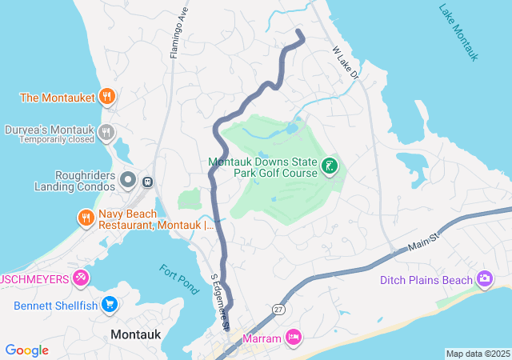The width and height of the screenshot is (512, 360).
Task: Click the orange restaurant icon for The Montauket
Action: [108, 98]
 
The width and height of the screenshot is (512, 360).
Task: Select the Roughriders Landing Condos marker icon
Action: [128, 181]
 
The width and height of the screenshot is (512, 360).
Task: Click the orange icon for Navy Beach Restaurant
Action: [86, 217]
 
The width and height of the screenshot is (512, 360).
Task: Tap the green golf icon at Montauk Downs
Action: [329, 166]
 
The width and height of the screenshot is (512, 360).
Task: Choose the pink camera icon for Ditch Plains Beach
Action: [485, 279]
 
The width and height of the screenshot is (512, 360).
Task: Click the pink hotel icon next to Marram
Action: [294, 338]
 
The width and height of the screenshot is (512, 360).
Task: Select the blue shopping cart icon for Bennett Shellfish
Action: [110, 305]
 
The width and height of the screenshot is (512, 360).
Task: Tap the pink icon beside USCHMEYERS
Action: [80, 278]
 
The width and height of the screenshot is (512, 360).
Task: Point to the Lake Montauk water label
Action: [458, 32]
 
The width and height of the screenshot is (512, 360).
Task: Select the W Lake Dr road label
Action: [347, 62]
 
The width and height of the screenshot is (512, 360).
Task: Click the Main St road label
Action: [425, 241]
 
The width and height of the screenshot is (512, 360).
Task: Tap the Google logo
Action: [26, 350]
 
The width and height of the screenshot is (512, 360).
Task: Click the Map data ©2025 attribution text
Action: [478, 354]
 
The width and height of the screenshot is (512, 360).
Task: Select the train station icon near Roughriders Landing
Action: [147, 182]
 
